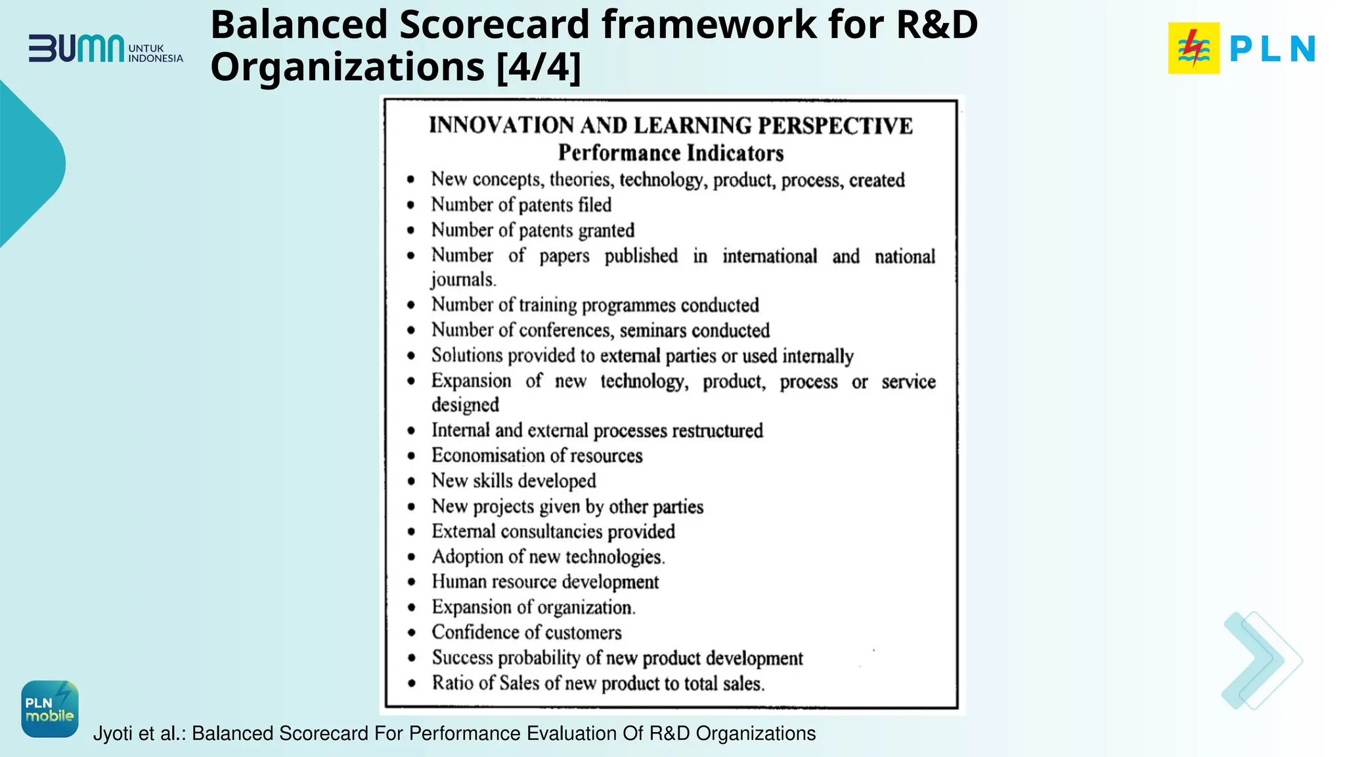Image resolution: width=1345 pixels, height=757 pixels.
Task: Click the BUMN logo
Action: pyautogui.click(x=76, y=49)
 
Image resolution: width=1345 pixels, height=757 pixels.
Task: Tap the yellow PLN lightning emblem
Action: pyautogui.click(x=1193, y=48)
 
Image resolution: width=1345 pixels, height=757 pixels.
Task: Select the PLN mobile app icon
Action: pyautogui.click(x=50, y=708)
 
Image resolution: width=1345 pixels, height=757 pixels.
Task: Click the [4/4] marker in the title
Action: pyautogui.click(x=539, y=67)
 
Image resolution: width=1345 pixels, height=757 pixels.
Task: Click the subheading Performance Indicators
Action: pyautogui.click(x=671, y=153)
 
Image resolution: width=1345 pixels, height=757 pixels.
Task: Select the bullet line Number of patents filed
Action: pyautogui.click(x=521, y=205)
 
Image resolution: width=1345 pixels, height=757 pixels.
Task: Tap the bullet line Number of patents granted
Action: pyautogui.click(x=533, y=230)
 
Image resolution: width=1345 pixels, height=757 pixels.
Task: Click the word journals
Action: pyautogui.click(x=463, y=280)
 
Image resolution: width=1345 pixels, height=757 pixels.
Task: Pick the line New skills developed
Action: pyautogui.click(x=514, y=481)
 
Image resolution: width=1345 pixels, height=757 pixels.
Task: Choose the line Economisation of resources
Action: pyautogui.click(x=537, y=455)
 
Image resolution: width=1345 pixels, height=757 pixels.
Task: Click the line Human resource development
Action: pyautogui.click(x=545, y=582)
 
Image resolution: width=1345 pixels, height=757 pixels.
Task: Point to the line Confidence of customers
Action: pyautogui.click(x=526, y=632)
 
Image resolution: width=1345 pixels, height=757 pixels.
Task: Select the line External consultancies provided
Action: pyautogui.click(x=553, y=532)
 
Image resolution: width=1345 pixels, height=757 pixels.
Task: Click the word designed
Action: pyautogui.click(x=465, y=405)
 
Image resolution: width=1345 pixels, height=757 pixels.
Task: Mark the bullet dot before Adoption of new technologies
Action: pyautogui.click(x=411, y=557)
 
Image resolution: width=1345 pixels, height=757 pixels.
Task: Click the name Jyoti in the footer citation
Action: pyautogui.click(x=114, y=733)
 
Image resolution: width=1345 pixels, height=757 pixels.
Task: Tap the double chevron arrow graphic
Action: pyautogui.click(x=1262, y=660)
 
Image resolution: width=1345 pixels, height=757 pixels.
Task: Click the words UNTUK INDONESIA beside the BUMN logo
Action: pyautogui.click(x=155, y=53)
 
